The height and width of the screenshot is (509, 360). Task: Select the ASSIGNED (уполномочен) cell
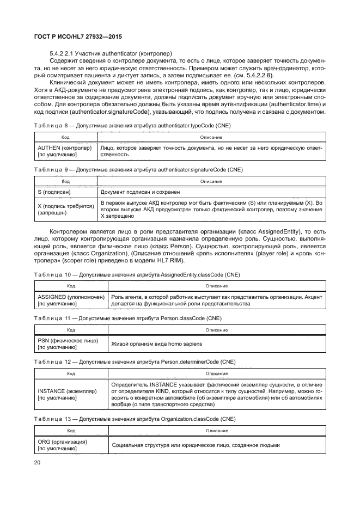pyautogui.click(x=71, y=301)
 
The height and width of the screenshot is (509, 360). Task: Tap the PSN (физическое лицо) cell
pyautogui.click(x=71, y=344)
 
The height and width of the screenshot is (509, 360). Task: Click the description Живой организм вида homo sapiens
pyautogui.click(x=157, y=344)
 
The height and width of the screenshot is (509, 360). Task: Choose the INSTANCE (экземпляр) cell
pyautogui.click(x=71, y=394)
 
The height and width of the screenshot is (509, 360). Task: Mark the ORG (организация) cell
pyautogui.click(x=71, y=445)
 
